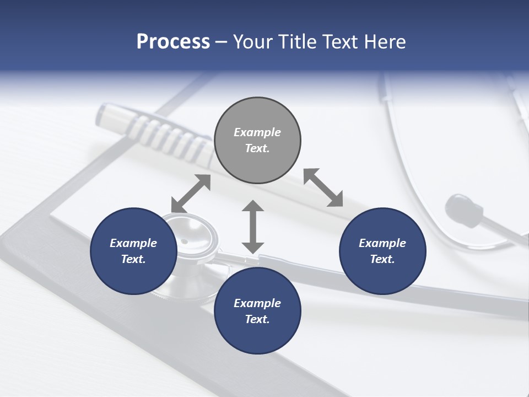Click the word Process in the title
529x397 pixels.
point(173,42)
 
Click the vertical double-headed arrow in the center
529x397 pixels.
point(253,227)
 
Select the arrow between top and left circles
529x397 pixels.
point(191,194)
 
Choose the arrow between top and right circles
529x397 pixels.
point(323,187)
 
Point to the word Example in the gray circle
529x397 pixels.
point(257,132)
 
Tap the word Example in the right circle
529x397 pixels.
point(382,243)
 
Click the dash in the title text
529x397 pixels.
point(222,42)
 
